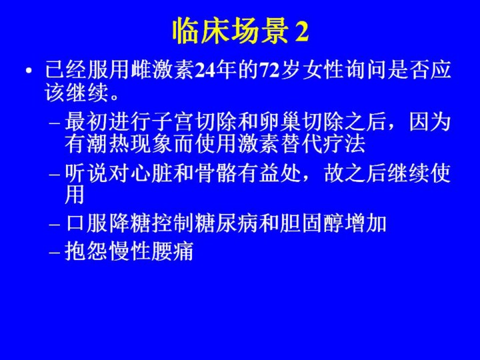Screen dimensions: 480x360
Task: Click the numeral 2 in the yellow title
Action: (301, 32)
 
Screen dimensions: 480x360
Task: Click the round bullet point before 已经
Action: (29, 71)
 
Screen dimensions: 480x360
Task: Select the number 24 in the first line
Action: (205, 71)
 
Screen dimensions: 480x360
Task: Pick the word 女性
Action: (322, 70)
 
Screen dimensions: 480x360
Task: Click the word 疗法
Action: (346, 143)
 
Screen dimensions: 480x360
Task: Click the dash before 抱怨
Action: (54, 253)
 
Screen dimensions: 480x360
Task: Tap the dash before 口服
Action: (54, 225)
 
